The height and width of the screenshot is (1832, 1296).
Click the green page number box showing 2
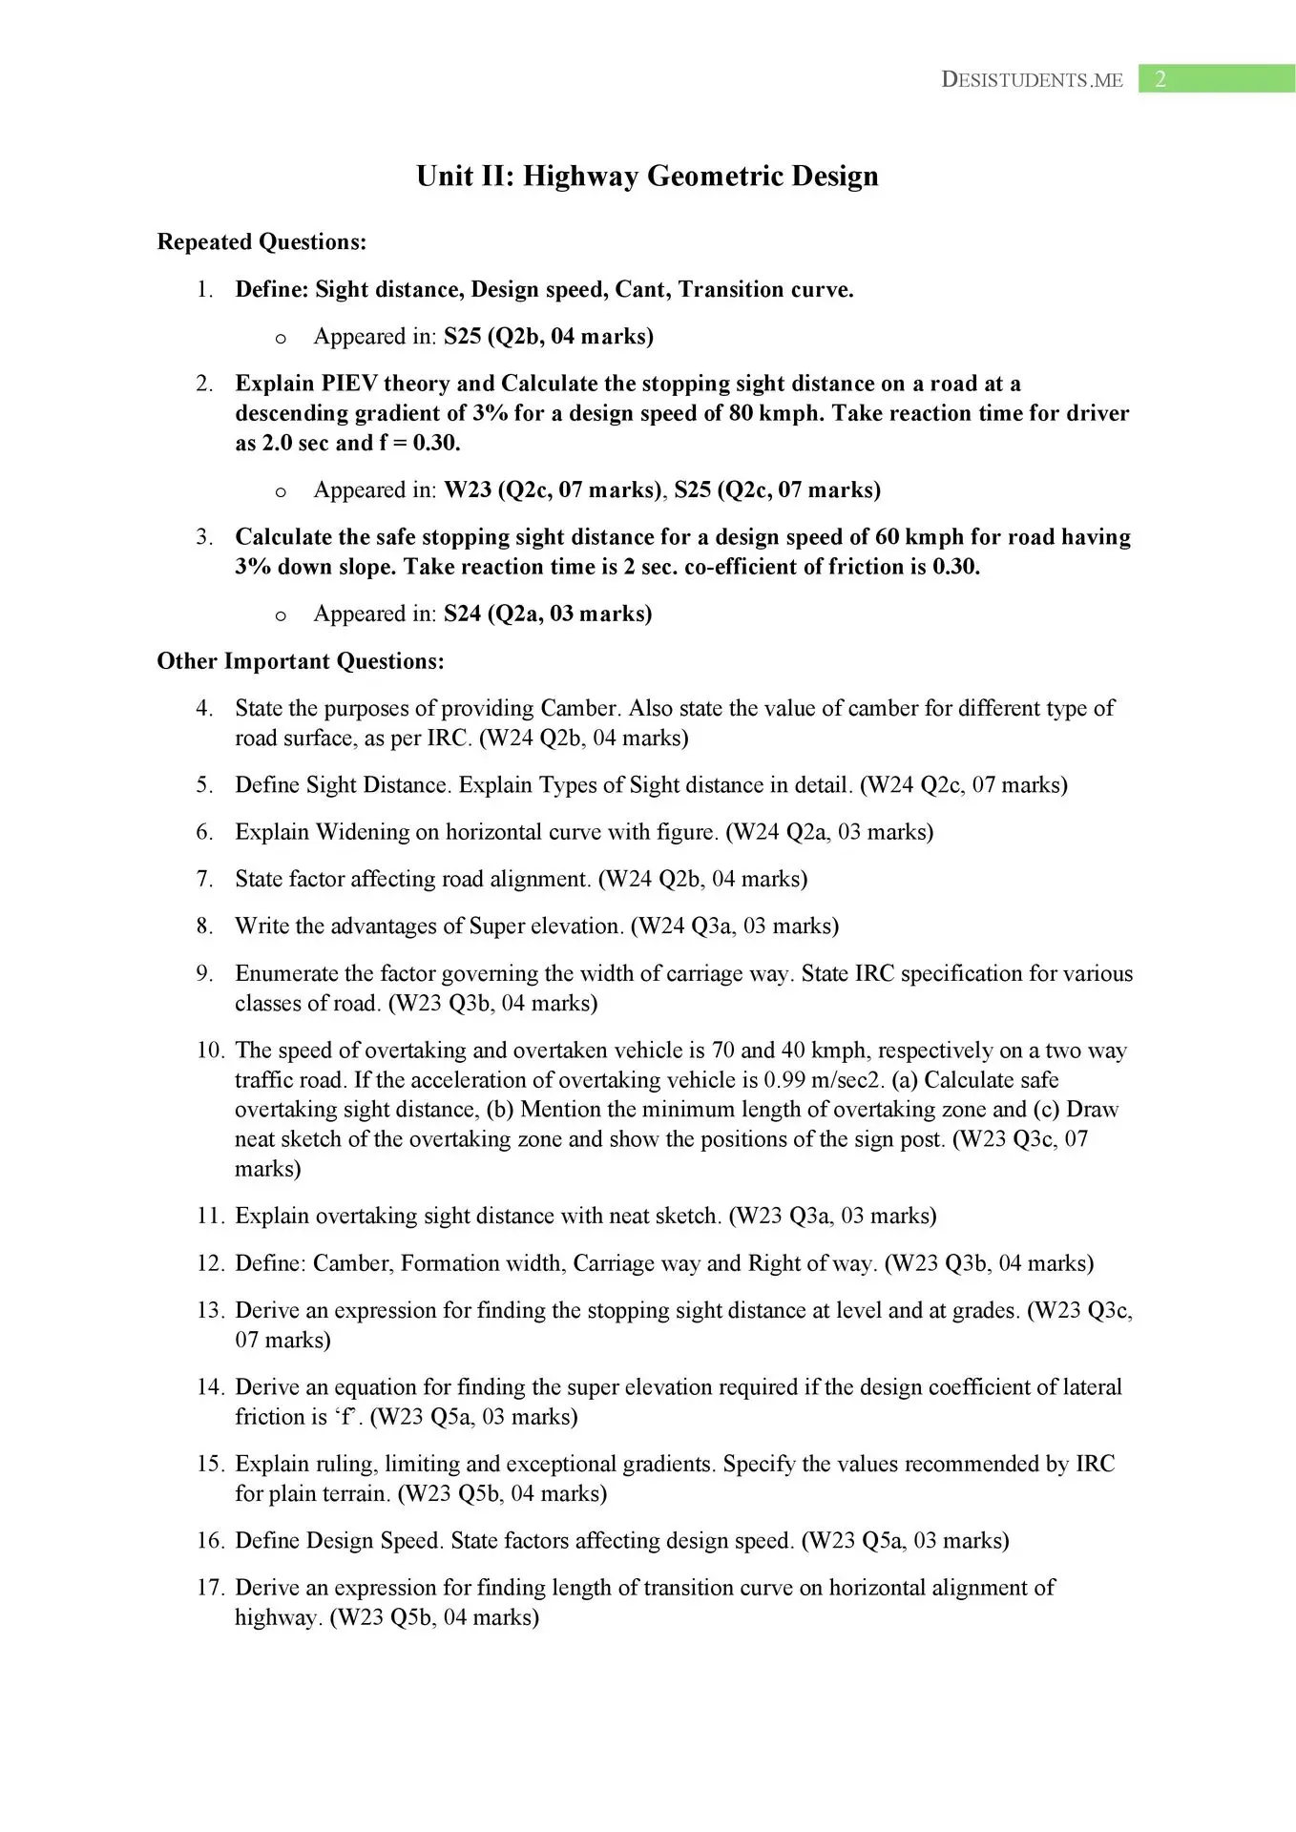[x=1216, y=79]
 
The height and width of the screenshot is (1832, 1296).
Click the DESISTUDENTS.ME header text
[x=1032, y=80]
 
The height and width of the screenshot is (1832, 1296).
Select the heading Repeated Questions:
[x=261, y=242]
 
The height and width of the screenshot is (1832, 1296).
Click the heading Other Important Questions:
[x=301, y=661]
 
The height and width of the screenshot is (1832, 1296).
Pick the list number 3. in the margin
[x=204, y=537]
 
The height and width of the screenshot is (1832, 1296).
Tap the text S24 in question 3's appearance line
[x=462, y=614]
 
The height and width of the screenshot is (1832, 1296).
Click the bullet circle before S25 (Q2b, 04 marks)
[x=281, y=338]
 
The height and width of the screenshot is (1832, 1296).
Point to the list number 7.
[x=204, y=879]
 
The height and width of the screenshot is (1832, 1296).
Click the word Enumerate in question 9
[x=285, y=973]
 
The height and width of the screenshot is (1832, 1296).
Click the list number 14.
[x=210, y=1387]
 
